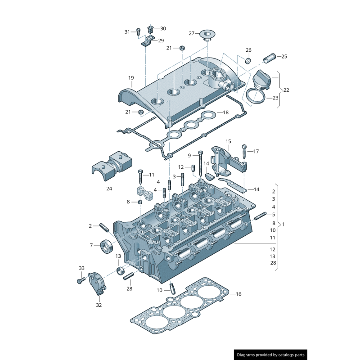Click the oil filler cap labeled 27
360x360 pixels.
click(x=207, y=34)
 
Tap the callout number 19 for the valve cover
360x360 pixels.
click(x=131, y=78)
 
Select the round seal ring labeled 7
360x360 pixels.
click(x=108, y=246)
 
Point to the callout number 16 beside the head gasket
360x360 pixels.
click(x=238, y=294)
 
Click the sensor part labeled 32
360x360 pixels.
click(x=97, y=283)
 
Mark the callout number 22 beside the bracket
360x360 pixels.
click(x=286, y=90)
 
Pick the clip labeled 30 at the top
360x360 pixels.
click(x=151, y=30)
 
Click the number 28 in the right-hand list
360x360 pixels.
click(x=273, y=263)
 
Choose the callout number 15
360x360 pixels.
click(x=228, y=141)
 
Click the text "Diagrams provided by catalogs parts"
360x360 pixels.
click(x=271, y=355)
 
